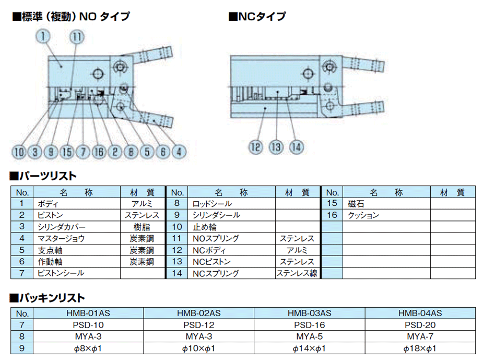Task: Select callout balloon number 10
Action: click(x=19, y=152)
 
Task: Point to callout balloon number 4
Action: click(x=179, y=152)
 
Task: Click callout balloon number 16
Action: click(x=99, y=152)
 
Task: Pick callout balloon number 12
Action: click(x=255, y=147)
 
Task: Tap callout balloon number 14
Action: click(x=296, y=147)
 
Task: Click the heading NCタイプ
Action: click(x=257, y=17)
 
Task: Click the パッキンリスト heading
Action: click(x=47, y=298)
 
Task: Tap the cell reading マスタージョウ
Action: click(x=61, y=238)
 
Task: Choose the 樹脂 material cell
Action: click(x=142, y=227)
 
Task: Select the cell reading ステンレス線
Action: click(x=297, y=273)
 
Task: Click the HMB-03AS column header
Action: click(x=309, y=313)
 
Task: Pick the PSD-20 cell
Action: click(x=419, y=325)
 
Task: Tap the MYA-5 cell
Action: click(x=309, y=336)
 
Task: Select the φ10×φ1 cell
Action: click(x=198, y=348)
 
